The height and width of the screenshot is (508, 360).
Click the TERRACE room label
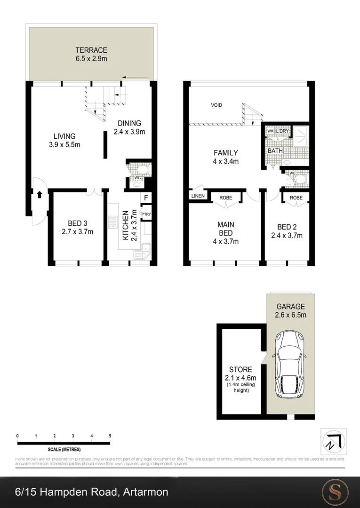pyautogui.click(x=91, y=50)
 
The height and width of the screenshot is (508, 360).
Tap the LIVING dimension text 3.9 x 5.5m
pyautogui.click(x=64, y=145)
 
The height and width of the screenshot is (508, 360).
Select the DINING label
pyautogui.click(x=129, y=124)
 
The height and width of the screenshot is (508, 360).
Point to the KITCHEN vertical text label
pyautogui.click(x=125, y=226)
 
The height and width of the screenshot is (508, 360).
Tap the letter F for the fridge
pyautogui.click(x=146, y=198)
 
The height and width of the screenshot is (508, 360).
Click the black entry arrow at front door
pyautogui.click(x=39, y=194)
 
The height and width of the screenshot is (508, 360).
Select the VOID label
pyautogui.click(x=216, y=105)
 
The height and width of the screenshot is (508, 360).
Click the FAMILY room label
pyautogui.click(x=226, y=153)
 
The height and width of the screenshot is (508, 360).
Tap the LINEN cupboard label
pyautogui.click(x=198, y=196)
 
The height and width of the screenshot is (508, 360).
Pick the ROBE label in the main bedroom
pyautogui.click(x=226, y=198)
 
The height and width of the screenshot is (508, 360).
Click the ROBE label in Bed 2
pyautogui.click(x=296, y=198)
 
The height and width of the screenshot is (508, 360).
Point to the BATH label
pyautogui.click(x=275, y=151)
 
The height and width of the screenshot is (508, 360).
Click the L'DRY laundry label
pyautogui.click(x=282, y=131)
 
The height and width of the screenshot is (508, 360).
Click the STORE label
pyautogui.click(x=240, y=370)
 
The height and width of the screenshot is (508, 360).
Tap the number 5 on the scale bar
pyautogui.click(x=110, y=436)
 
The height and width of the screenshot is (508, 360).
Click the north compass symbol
pyautogui.click(x=333, y=441)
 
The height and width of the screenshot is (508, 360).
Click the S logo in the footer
pyautogui.click(x=335, y=492)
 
